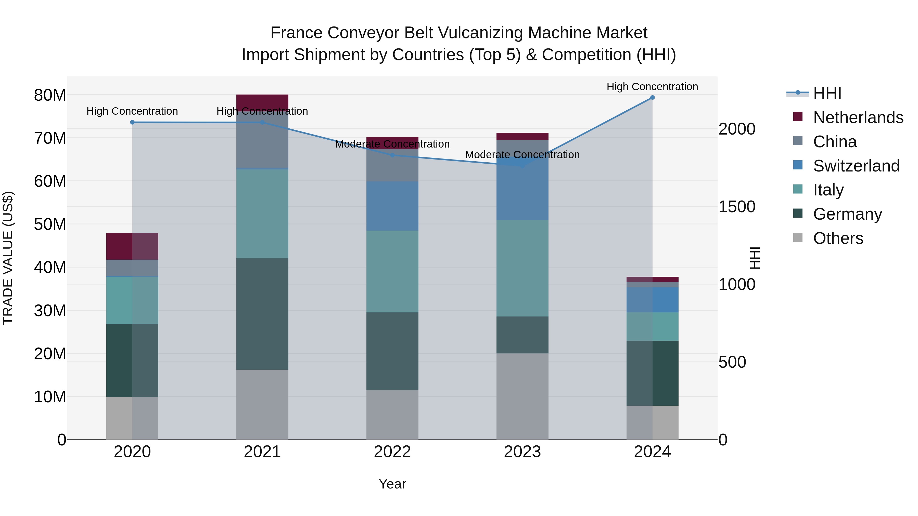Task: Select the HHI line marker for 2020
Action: point(132,123)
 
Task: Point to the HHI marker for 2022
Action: point(392,155)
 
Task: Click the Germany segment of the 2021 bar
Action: point(262,314)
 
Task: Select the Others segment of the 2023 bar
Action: point(522,396)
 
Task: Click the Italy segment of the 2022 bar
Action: point(392,271)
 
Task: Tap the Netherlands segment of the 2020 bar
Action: point(132,246)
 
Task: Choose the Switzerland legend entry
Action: point(856,166)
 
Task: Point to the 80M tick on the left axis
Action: point(50,96)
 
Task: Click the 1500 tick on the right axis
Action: point(737,207)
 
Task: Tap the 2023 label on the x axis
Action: point(522,452)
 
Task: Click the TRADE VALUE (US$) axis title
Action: point(8,258)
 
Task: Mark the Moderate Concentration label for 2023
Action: point(522,155)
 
